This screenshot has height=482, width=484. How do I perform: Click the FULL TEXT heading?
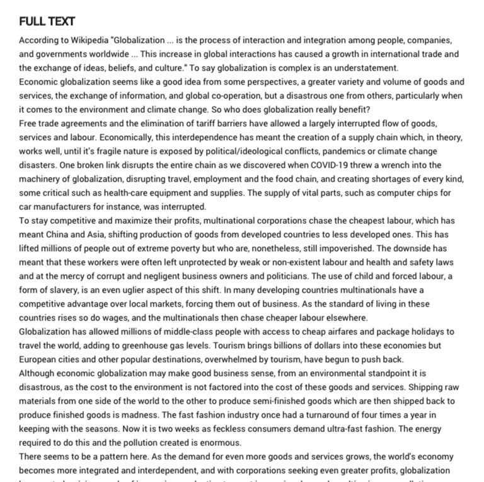pyautogui.click(x=47, y=21)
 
